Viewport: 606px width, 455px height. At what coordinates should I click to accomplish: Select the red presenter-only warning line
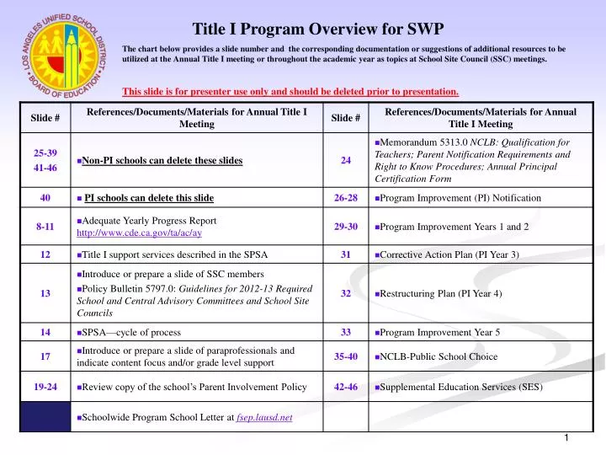pyautogui.click(x=290, y=91)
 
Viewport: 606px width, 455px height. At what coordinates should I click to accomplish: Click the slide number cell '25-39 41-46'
pyautogui.click(x=45, y=160)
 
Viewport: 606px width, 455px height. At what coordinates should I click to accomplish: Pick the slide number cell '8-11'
pyautogui.click(x=45, y=227)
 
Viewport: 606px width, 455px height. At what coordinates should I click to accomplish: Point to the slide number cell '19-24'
pyautogui.click(x=45, y=387)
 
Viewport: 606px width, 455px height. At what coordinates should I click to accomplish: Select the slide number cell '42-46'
pyautogui.click(x=346, y=387)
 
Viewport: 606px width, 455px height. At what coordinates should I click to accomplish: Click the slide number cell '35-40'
pyautogui.click(x=346, y=356)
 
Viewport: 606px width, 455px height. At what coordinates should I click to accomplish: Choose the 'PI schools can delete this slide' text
pyautogui.click(x=149, y=198)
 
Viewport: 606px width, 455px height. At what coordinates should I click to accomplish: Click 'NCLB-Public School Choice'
pyautogui.click(x=438, y=356)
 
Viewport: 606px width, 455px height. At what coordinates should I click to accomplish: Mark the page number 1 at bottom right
pyautogui.click(x=566, y=438)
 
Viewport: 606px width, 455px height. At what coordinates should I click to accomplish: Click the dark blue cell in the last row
pyautogui.click(x=45, y=417)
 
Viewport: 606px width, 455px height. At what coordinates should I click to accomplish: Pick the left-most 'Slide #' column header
pyautogui.click(x=45, y=118)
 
